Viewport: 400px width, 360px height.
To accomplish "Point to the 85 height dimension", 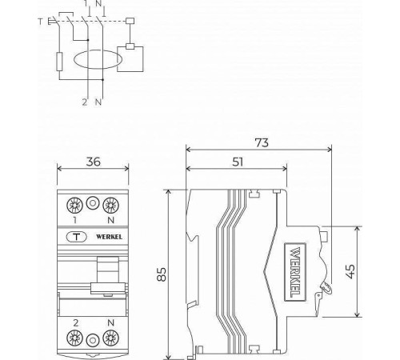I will pyautogui.click(x=161, y=274).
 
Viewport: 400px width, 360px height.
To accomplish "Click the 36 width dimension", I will pyautogui.click(x=93, y=161).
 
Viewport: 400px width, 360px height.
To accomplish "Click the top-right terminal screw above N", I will pyautogui.click(x=110, y=203).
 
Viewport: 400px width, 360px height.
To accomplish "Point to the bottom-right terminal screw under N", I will pyautogui.click(x=110, y=338).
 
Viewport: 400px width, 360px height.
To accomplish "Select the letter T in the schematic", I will pyautogui.click(x=41, y=22).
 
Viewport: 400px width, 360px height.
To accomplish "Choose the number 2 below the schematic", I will pyautogui.click(x=83, y=102).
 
